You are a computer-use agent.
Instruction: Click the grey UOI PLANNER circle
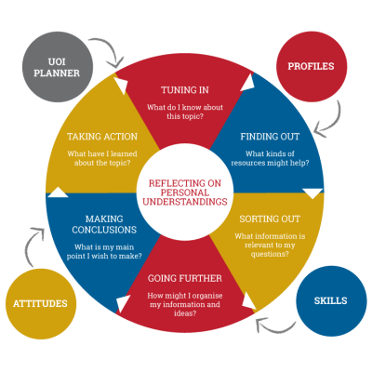58,67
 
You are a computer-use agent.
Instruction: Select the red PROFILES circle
312,66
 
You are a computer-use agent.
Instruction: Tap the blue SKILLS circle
331,300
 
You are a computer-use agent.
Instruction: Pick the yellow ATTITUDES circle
41,303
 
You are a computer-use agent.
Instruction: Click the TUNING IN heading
185,90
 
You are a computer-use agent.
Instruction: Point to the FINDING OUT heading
270,137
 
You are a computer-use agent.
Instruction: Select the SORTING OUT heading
270,219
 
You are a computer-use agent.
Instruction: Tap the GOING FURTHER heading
185,278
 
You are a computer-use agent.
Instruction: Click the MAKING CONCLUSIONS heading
104,224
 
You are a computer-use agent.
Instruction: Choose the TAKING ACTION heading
102,137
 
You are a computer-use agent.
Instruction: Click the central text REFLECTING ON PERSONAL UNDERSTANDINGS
185,193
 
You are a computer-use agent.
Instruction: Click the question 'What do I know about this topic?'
185,112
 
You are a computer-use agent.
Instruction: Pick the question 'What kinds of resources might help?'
270,158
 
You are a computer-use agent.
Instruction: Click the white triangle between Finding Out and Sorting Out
312,193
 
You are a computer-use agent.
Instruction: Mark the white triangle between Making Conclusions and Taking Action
58,193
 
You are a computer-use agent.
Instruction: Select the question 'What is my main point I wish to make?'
104,252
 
